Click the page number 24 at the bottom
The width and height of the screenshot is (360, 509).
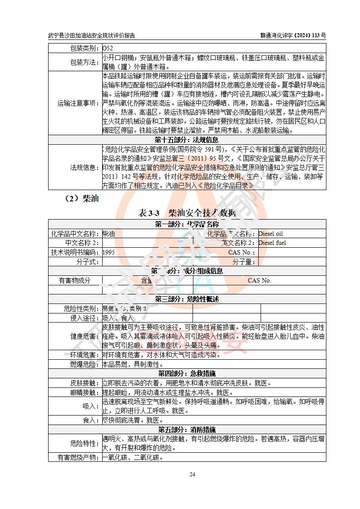coord(192,474)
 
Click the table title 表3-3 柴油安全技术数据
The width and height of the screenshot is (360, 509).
coord(187,212)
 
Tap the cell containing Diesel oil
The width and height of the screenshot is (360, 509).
coord(270,234)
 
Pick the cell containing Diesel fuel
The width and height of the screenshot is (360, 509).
coord(272,243)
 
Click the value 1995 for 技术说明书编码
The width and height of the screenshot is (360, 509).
coord(109,252)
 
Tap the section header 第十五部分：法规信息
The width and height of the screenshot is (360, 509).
coord(187,140)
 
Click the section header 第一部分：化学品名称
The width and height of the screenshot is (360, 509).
coord(187,224)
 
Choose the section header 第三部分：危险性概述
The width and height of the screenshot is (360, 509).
coord(187,299)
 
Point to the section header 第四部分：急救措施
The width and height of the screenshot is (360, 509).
coord(187,373)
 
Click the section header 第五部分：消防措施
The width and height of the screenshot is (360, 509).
coord(187,429)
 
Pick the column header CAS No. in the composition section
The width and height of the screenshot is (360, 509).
coord(259,280)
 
